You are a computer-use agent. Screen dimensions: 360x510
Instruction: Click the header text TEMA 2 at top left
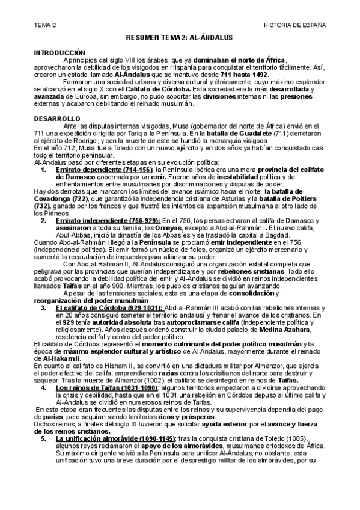tap(45, 25)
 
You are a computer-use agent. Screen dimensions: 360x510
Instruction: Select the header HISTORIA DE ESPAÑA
tap(294, 25)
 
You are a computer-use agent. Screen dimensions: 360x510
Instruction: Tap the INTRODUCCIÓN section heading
tap(59, 53)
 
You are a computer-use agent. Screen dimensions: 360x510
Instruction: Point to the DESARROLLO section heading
tap(54, 118)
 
